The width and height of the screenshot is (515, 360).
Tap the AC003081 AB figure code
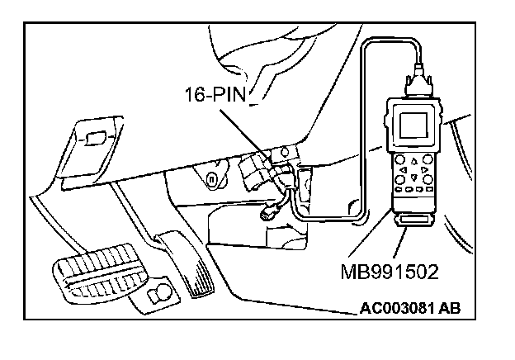coord(409,310)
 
